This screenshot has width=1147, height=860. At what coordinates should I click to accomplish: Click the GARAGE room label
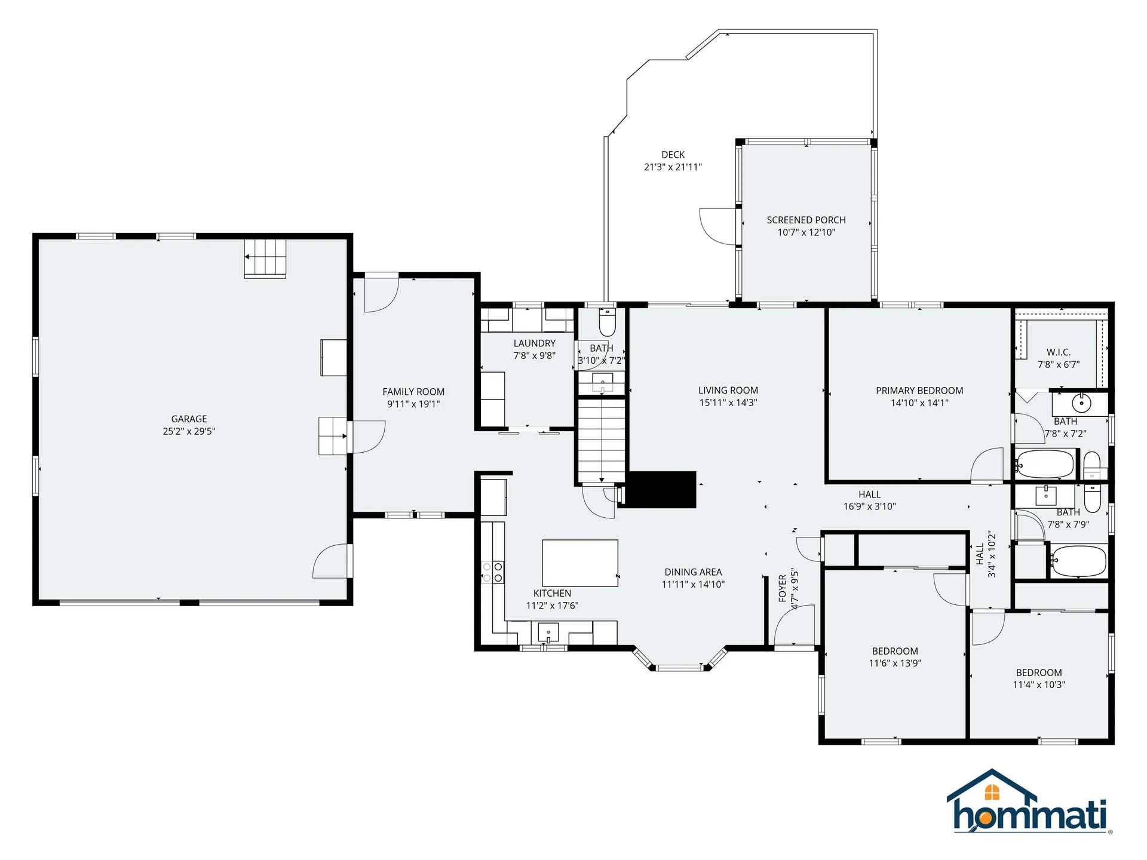[189, 419]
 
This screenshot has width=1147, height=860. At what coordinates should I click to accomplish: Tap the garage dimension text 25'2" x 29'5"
[189, 431]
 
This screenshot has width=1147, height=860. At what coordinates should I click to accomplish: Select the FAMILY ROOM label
[413, 392]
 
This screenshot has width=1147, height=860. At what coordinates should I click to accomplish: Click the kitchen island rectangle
[579, 563]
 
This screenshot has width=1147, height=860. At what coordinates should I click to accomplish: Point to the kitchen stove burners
[493, 572]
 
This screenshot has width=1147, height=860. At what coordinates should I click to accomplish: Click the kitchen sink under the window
[548, 632]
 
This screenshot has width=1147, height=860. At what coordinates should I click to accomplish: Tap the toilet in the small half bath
[607, 323]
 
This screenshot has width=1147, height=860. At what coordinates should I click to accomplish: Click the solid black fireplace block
[660, 490]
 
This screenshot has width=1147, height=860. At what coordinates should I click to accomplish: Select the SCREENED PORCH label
[806, 220]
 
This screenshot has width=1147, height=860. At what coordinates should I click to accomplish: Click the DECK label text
[673, 155]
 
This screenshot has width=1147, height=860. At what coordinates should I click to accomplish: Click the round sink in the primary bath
[1081, 403]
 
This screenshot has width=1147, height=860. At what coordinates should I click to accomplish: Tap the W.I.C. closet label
[1058, 352]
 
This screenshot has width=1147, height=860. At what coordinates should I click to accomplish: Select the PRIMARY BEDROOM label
[919, 391]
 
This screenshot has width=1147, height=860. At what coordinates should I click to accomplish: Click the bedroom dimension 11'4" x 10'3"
[1039, 685]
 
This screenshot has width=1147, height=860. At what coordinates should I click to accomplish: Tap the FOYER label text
[783, 588]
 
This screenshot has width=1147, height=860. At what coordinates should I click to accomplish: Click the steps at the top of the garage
[265, 258]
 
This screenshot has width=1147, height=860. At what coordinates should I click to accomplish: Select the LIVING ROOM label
[728, 391]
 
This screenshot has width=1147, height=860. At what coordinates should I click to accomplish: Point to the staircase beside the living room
[602, 441]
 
